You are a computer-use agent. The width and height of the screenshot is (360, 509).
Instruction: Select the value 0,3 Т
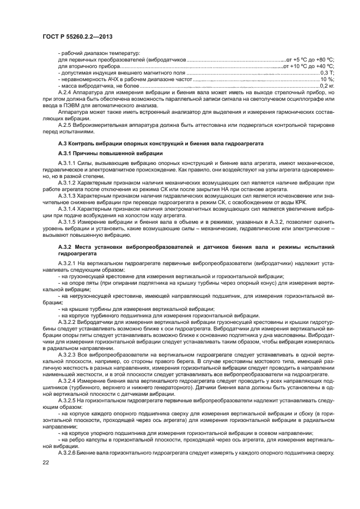(327, 72)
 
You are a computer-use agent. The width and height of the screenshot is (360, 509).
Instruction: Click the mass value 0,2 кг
(327, 85)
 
